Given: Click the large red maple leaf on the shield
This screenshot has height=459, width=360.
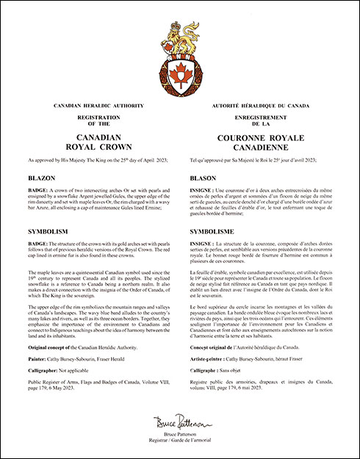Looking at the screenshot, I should (x=179, y=72).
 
